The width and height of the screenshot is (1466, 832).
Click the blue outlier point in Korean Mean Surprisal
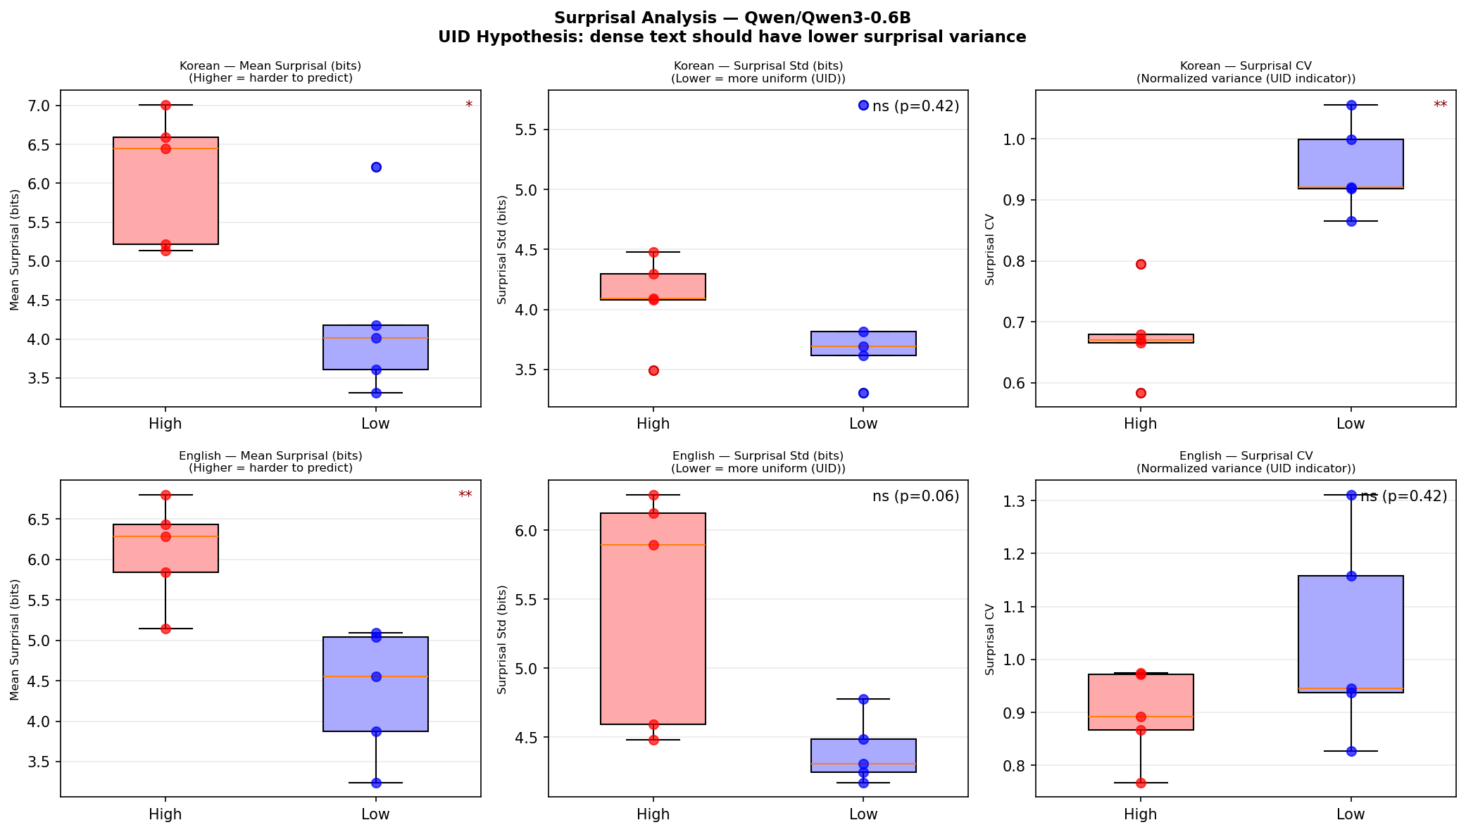(x=376, y=167)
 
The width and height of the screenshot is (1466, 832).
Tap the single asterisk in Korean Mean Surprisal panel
(x=469, y=106)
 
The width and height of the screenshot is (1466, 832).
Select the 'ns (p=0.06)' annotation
(x=915, y=496)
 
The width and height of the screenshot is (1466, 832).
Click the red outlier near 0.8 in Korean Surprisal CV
(x=1141, y=264)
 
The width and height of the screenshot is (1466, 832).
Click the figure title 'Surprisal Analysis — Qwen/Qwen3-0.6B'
(x=732, y=18)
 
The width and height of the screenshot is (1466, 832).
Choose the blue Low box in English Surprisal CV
(x=1351, y=634)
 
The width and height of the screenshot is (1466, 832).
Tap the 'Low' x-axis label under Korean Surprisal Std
(x=863, y=424)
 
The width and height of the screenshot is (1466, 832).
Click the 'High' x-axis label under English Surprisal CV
(x=1141, y=814)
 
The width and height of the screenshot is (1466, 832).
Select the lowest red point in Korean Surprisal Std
(x=653, y=370)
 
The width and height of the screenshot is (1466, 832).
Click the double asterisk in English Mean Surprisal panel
(x=465, y=496)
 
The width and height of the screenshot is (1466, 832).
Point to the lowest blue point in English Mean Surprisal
(x=376, y=783)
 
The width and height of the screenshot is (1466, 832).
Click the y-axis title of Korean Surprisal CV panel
(x=990, y=249)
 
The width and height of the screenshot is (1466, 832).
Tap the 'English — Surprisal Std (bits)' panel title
(x=758, y=456)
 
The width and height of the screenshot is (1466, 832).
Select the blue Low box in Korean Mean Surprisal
(x=375, y=347)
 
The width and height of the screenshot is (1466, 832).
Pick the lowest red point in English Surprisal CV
(x=1141, y=783)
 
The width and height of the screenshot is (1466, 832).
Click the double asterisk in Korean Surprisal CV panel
(x=1441, y=106)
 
